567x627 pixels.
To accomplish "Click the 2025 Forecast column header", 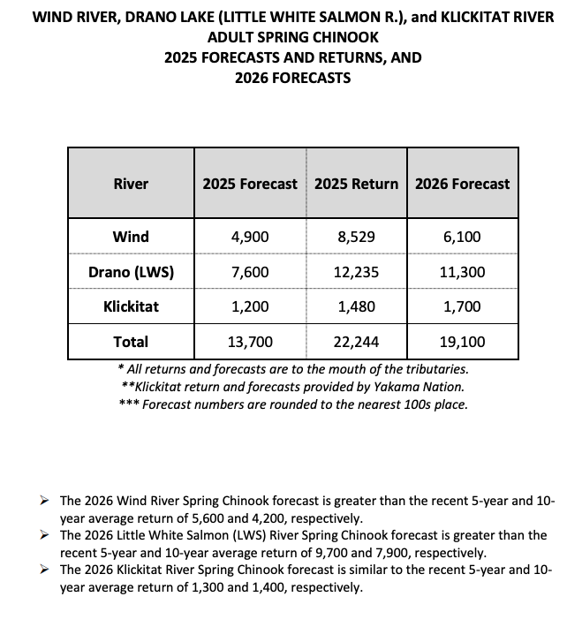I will (x=250, y=184).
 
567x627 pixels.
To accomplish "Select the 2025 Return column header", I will (x=356, y=184).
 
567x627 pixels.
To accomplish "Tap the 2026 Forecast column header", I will (x=462, y=184).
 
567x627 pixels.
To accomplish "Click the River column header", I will (x=131, y=184).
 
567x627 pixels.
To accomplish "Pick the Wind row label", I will (x=131, y=237).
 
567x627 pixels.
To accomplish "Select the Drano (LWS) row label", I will (x=131, y=272).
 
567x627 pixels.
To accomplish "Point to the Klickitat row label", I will (x=131, y=307).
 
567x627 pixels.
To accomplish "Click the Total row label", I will (x=131, y=342).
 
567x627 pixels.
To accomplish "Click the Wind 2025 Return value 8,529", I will (x=356, y=237).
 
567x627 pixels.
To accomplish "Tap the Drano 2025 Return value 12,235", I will (x=356, y=272).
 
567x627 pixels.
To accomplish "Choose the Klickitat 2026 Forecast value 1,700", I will (x=462, y=307).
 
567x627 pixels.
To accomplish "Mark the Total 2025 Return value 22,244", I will (x=356, y=342).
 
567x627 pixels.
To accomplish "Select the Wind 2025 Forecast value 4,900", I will (x=250, y=237).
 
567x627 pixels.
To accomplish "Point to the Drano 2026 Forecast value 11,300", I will (x=462, y=272).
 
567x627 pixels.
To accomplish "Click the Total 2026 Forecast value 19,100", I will (x=462, y=342).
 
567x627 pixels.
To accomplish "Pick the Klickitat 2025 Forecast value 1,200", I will (x=250, y=307).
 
